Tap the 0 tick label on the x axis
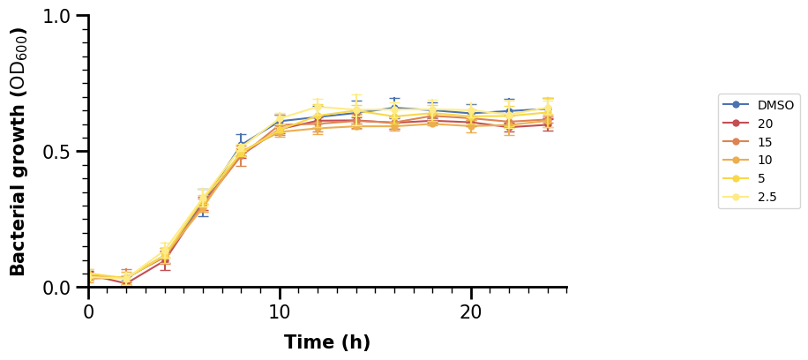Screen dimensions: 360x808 tap(88, 311)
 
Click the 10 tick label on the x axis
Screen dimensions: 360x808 tap(280, 311)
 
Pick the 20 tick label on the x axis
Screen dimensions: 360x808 tap(471, 311)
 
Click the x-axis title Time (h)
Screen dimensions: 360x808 tap(327, 342)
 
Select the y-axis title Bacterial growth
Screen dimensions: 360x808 tap(19, 152)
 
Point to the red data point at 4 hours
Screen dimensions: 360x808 tap(165, 259)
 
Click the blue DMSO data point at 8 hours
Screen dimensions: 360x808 tap(242, 146)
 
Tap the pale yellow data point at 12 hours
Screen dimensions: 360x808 tap(318, 108)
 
